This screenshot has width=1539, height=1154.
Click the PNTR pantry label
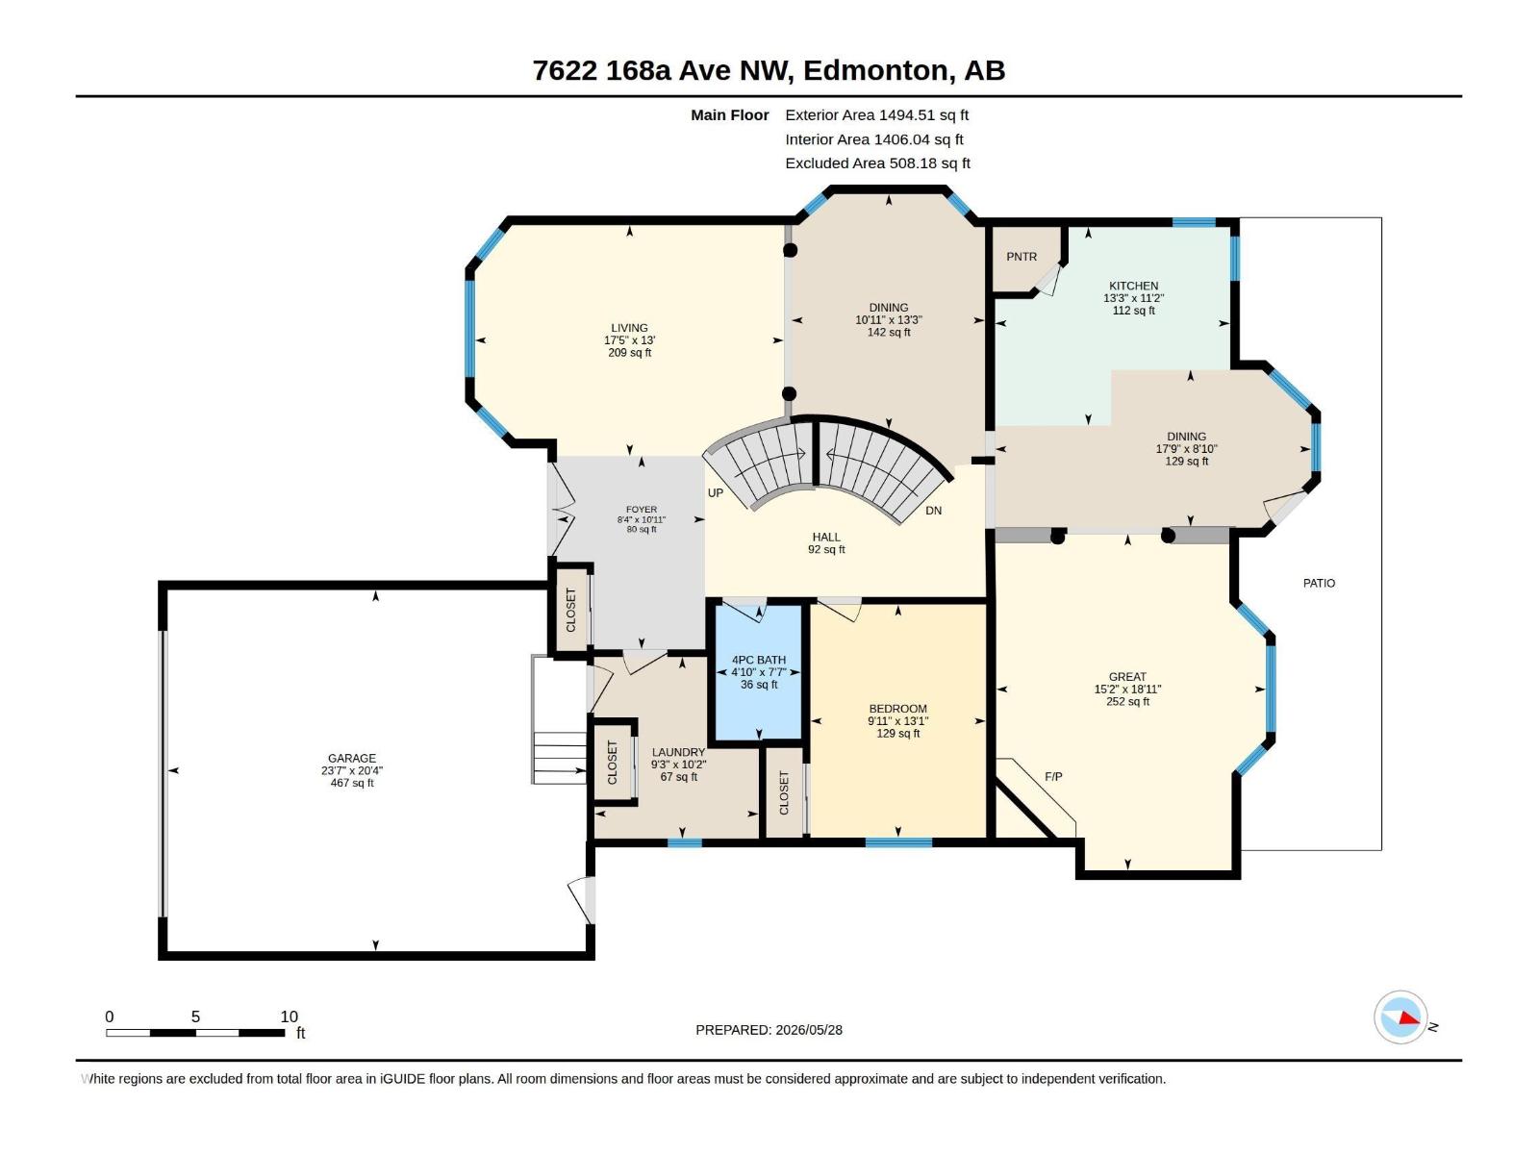pyautogui.click(x=1021, y=257)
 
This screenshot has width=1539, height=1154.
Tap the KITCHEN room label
pyautogui.click(x=1133, y=286)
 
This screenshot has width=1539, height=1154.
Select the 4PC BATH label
pyautogui.click(x=759, y=660)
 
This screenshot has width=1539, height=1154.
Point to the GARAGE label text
pyautogui.click(x=352, y=758)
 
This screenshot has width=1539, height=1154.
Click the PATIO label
pyautogui.click(x=1319, y=583)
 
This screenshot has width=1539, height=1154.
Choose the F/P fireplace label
pyautogui.click(x=1053, y=776)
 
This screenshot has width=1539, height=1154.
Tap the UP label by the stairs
pyautogui.click(x=716, y=493)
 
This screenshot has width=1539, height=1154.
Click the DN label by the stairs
pyautogui.click(x=933, y=511)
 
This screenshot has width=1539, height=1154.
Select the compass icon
pyautogui.click(x=1400, y=1016)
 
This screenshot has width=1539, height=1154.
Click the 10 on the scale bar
pyautogui.click(x=289, y=1016)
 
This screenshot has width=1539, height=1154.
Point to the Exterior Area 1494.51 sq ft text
pyautogui.click(x=876, y=114)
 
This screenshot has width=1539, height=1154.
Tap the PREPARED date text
pyautogui.click(x=769, y=1030)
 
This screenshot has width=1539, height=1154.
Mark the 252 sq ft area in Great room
pyautogui.click(x=1127, y=701)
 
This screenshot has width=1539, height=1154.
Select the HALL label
pyautogui.click(x=826, y=538)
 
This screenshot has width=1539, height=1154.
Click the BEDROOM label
pyautogui.click(x=897, y=709)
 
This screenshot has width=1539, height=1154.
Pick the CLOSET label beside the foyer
pyautogui.click(x=570, y=610)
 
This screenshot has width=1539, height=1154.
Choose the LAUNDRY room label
pyautogui.click(x=678, y=753)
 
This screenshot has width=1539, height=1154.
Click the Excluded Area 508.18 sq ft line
pyautogui.click(x=877, y=163)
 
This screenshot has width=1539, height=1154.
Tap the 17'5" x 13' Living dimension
pyautogui.click(x=630, y=340)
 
